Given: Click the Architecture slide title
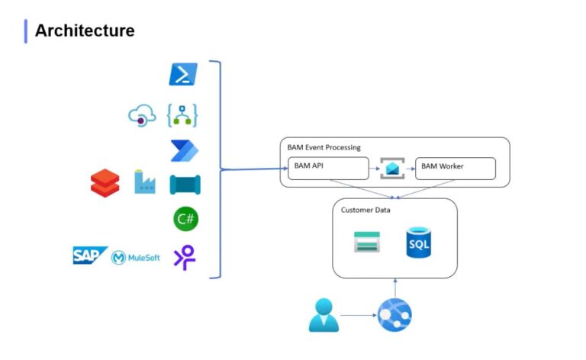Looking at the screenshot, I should (x=84, y=31).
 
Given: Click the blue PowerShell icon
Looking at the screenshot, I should (x=183, y=75).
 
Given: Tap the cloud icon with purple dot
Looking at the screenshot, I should (x=142, y=115).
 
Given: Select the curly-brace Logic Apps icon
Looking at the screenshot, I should (x=183, y=115).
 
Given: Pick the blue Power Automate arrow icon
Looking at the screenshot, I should (x=184, y=150).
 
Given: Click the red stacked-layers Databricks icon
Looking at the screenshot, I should (x=105, y=183).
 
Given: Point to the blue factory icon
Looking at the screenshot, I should (x=144, y=182).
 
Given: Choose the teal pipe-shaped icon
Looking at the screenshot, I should (x=184, y=185).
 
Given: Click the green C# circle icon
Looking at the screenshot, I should (x=185, y=220).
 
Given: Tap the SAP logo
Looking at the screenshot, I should (x=90, y=256).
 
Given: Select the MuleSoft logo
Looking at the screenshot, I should (x=136, y=258).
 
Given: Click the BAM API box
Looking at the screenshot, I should (x=328, y=168).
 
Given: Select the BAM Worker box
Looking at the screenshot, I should (x=455, y=168).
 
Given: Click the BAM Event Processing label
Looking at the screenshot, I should (x=324, y=146).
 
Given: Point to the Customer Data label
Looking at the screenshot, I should (x=365, y=210).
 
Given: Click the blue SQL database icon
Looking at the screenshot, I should (x=419, y=243).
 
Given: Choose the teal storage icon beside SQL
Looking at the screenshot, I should (x=367, y=243).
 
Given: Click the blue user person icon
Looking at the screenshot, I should (x=324, y=315).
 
